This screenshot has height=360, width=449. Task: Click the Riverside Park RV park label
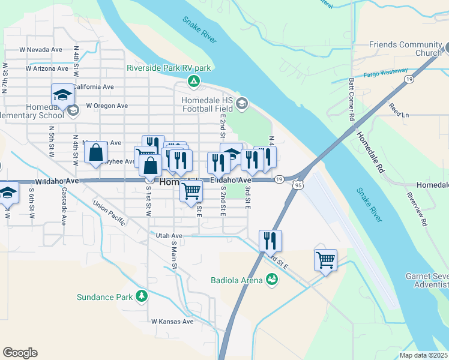click(x=169, y=68)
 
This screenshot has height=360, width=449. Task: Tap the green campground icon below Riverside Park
click(x=193, y=81)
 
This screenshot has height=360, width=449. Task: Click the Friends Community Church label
click(x=405, y=49)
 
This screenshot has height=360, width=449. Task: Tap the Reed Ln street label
click(x=399, y=110)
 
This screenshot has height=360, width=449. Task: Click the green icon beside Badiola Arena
click(x=272, y=280)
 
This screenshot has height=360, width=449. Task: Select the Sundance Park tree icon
click(x=142, y=295)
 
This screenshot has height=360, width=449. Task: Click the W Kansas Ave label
click(x=172, y=322)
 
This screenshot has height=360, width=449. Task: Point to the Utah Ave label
click(x=169, y=236)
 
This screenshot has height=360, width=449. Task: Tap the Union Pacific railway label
click(x=109, y=214)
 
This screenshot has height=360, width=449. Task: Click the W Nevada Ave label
click(x=41, y=50)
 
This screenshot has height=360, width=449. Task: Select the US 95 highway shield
click(x=298, y=185)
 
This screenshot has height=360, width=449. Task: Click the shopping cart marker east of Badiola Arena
click(x=325, y=260)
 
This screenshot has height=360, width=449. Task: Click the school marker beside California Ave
click(x=62, y=94)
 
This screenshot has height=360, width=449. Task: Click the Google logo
click(x=20, y=353)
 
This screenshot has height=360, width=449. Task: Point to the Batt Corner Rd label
click(x=351, y=98)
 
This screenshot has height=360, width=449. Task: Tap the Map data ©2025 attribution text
click(x=423, y=355)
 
